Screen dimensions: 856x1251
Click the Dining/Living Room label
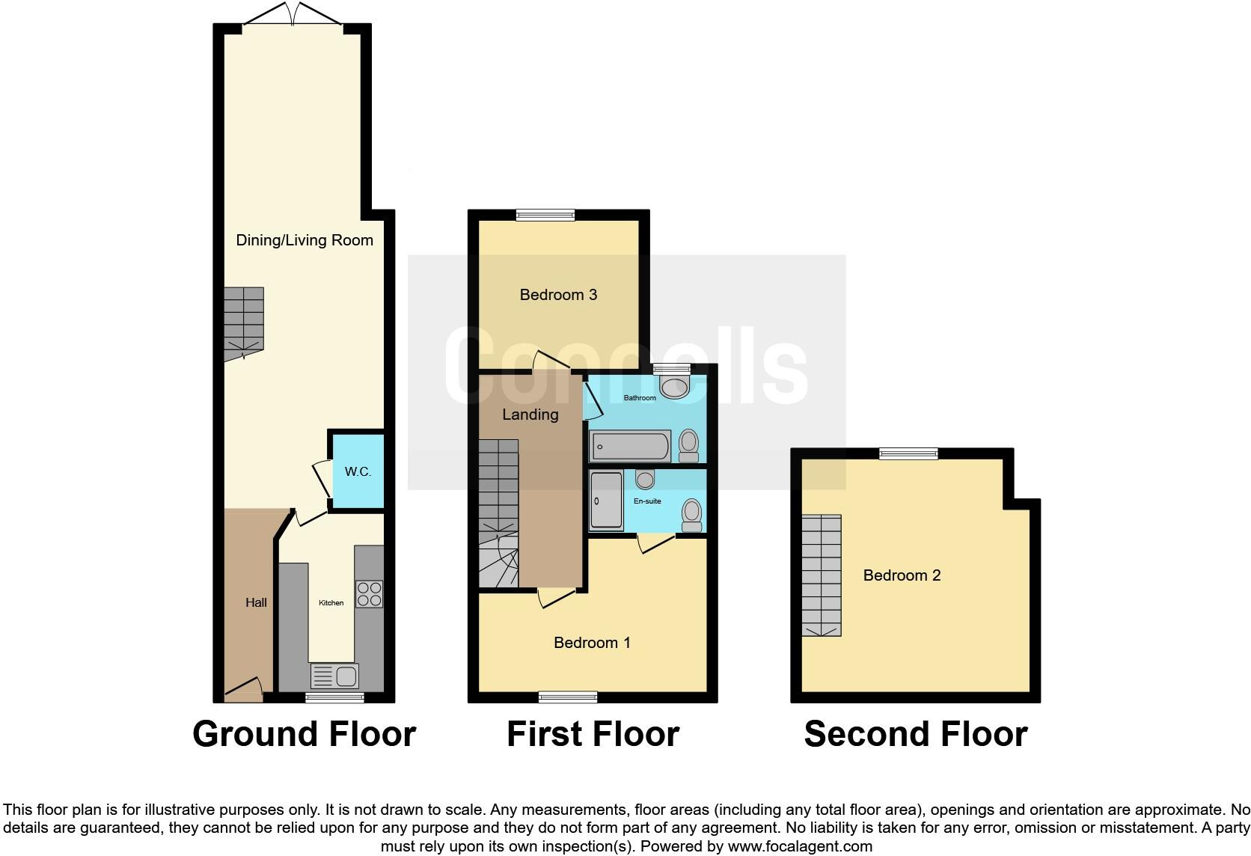(x=305, y=240)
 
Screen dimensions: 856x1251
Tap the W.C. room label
(x=358, y=471)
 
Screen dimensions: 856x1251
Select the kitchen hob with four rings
(x=369, y=594)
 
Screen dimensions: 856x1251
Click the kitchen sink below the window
(x=335, y=676)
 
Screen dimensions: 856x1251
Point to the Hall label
(x=256, y=602)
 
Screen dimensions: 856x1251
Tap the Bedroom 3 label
(x=558, y=295)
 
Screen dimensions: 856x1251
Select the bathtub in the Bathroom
(x=630, y=447)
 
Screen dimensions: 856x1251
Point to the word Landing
(x=530, y=415)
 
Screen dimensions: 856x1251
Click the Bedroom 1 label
(x=592, y=643)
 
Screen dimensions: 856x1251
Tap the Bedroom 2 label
(x=902, y=575)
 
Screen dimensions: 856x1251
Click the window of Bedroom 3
(x=545, y=215)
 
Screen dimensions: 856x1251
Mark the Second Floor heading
(x=915, y=734)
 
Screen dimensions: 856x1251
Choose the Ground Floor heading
(x=304, y=734)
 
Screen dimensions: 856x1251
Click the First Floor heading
(x=593, y=734)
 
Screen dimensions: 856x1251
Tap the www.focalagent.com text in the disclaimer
(x=799, y=847)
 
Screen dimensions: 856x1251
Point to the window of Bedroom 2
(x=908, y=453)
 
